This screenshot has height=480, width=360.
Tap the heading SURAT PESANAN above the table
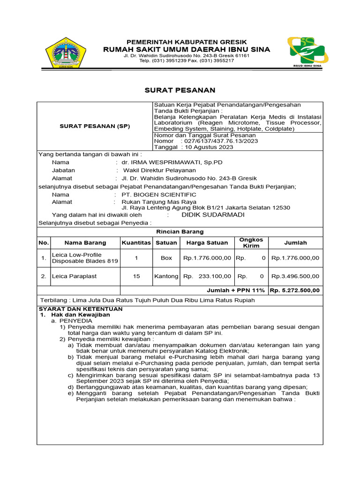[x=179, y=90]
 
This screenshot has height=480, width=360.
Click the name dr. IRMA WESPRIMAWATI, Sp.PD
[x=172, y=162]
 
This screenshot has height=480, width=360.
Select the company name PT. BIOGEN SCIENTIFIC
[x=159, y=195]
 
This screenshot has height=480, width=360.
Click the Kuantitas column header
[x=136, y=243]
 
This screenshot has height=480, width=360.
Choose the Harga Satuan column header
[x=207, y=243]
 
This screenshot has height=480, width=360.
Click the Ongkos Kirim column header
[x=251, y=243]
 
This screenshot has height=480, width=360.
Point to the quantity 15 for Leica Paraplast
[x=136, y=277]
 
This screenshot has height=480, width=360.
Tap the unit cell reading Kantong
[x=166, y=277]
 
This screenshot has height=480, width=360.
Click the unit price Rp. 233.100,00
[x=207, y=277]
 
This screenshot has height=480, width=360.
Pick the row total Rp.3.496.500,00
[x=295, y=277]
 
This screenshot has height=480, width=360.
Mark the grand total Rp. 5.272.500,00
[x=295, y=290]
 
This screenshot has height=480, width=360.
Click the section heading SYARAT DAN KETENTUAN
[x=80, y=309]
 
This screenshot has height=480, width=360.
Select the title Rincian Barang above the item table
[x=180, y=232]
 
